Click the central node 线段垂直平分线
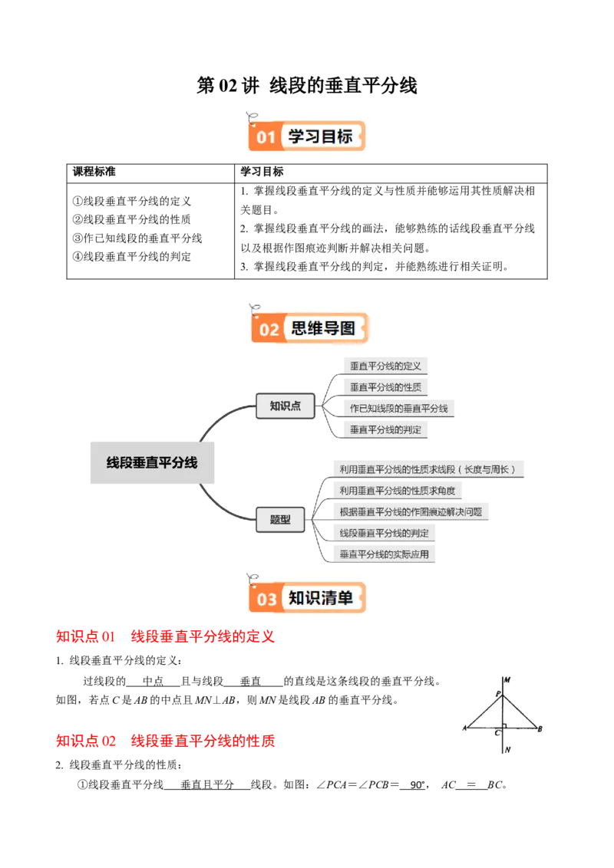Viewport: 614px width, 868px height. tap(151, 462)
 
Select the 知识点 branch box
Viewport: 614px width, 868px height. tap(285, 406)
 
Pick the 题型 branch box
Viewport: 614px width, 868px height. tap(280, 519)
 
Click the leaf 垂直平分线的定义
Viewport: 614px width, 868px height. tap(385, 366)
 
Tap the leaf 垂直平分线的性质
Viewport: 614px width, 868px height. tap(385, 387)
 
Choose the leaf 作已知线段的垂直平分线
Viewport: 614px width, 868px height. tap(399, 409)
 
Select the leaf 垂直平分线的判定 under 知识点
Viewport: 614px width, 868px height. tap(385, 430)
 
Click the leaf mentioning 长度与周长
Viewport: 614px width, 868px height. tap(428, 469)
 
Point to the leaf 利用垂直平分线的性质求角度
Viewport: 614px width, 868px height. tap(397, 490)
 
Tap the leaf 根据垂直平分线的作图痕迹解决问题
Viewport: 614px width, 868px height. tap(410, 511)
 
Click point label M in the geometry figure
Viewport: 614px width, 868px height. tap(508, 680)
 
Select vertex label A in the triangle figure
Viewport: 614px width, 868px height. tap(465, 728)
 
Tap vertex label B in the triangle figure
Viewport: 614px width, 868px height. tap(540, 728)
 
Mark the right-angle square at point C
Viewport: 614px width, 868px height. tap(504, 725)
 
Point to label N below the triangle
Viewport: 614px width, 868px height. tap(508, 750)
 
